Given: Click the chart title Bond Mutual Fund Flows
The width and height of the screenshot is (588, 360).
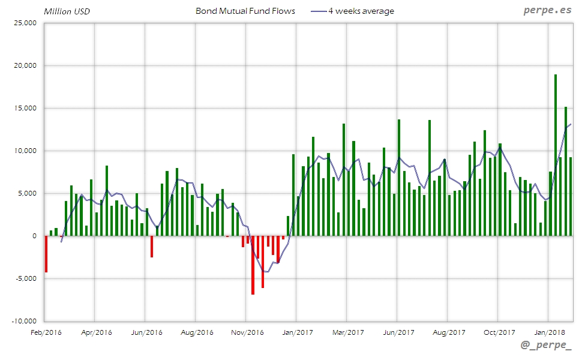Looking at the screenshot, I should (245, 11).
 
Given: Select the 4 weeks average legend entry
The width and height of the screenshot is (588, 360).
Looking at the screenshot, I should (361, 11).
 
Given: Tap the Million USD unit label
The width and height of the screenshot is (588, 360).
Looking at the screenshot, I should (67, 11).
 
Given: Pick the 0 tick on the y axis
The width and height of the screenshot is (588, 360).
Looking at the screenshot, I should (34, 236).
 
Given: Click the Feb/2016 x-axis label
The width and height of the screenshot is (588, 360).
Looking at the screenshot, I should (46, 332).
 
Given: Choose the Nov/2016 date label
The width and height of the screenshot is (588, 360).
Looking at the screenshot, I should (247, 332).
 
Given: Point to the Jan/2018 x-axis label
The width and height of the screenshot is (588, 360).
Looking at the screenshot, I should (549, 332).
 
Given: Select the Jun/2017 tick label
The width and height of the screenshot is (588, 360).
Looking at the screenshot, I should (398, 332).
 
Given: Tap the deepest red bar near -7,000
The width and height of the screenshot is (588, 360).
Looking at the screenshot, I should (253, 265).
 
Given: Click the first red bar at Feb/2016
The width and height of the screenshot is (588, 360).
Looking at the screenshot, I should (46, 254).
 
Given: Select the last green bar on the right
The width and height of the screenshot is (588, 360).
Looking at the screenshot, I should (571, 196).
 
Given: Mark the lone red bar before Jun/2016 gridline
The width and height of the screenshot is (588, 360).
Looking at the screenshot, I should (152, 247).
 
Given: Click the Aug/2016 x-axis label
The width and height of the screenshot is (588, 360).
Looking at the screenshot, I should (197, 332).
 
